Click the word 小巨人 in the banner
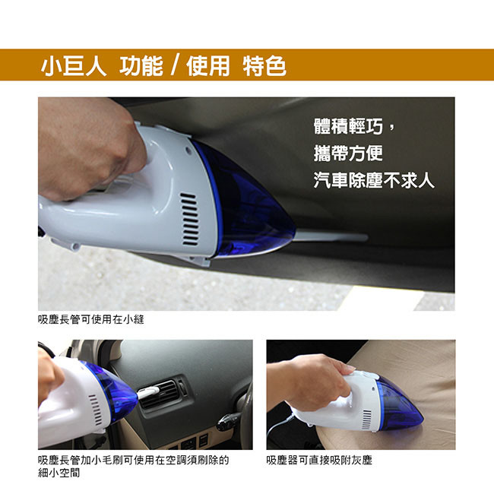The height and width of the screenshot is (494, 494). pos(74,66)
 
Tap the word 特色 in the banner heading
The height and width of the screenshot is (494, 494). pos(264,66)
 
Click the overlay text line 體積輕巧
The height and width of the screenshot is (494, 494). pos(348,126)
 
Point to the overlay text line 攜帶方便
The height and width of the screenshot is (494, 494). pos(348,154)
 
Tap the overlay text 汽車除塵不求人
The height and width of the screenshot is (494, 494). pos(374,180)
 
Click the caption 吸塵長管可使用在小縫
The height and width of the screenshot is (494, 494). pos(90,319)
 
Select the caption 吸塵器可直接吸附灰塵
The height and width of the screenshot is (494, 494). pos(319,461)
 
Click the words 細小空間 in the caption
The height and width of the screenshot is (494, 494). pos(59,473)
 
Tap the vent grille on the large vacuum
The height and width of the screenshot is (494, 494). pos(189,220)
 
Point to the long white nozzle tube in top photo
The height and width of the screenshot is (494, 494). pos(331,237)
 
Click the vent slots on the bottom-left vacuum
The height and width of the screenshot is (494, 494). pos(96,410)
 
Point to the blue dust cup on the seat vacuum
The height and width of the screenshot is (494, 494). pos(399,404)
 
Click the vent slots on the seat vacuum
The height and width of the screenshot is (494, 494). pos(367,420)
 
